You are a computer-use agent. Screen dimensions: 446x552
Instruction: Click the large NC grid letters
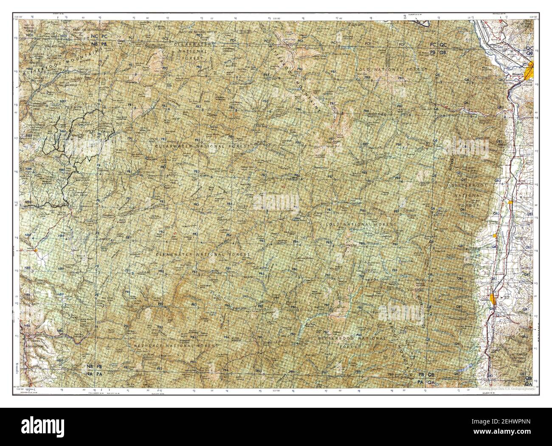(94, 37)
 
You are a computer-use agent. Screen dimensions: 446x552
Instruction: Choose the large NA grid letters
(90, 374)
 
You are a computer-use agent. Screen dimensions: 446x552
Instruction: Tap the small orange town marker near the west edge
(37, 250)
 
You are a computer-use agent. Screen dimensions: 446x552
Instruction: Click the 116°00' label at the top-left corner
(19, 17)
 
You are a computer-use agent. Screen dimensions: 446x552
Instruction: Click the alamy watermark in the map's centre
(276, 202)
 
